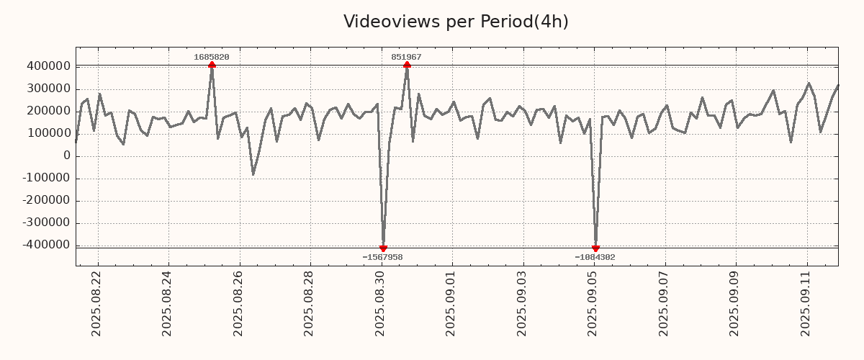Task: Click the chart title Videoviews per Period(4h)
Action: [x=456, y=22]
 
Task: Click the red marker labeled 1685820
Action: [x=212, y=65]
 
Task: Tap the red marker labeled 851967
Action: [x=407, y=65]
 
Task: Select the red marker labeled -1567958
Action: [x=383, y=248]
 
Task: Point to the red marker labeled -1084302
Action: [x=595, y=248]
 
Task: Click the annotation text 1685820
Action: [x=212, y=57]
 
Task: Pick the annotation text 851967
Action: [x=407, y=57]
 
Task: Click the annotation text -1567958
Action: [x=383, y=257]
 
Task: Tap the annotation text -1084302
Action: [x=595, y=257]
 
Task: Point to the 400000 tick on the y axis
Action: [x=48, y=66]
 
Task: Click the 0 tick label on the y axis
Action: [x=67, y=156]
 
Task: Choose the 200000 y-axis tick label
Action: [x=48, y=111]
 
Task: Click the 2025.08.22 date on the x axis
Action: [x=96, y=303]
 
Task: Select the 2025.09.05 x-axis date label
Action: [x=593, y=303]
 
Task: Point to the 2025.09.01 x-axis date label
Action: [x=451, y=303]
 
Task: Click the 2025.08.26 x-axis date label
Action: [x=238, y=303]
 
